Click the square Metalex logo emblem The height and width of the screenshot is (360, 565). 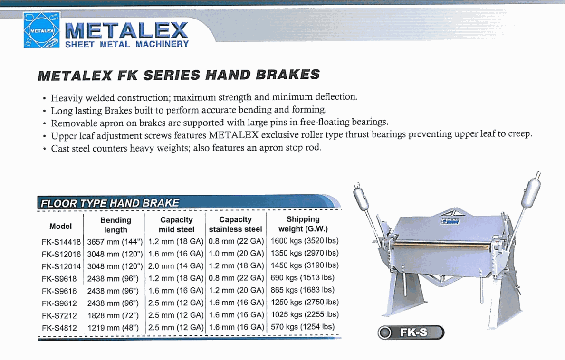pos(42,30)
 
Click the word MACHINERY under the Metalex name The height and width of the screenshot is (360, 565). pos(162,44)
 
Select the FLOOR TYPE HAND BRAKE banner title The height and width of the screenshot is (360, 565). pos(110,203)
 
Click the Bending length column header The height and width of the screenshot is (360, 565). pos(115,225)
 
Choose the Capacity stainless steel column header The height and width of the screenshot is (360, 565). pos(235,224)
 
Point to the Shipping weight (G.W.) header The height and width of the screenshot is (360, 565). pos(303,224)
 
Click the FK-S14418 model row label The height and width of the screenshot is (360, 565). pos(61,242)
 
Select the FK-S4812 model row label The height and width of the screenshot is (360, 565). pos(59,328)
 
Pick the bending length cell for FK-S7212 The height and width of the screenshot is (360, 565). pos(113,316)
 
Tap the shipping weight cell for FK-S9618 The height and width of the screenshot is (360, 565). pos(302,277)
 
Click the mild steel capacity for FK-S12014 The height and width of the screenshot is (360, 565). pos(176,265)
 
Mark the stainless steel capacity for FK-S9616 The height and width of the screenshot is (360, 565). pos(236,290)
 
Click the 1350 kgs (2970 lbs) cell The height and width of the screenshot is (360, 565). pos(305,253)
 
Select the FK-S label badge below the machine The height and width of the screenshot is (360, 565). pos(411,332)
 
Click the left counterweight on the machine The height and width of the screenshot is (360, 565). pos(361,199)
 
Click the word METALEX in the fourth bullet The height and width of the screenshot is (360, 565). pos(233,135)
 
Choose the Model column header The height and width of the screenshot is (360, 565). pos(60,227)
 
